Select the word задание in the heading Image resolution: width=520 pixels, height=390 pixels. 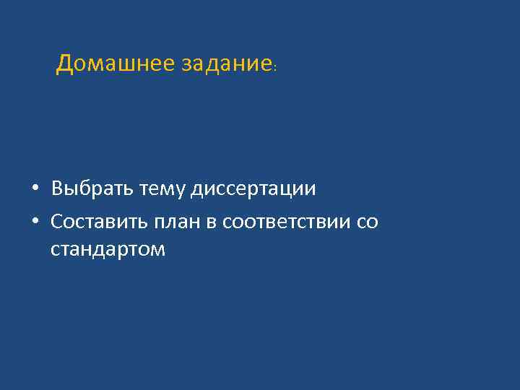[x=226, y=64]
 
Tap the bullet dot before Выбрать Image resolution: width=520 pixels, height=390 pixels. [x=35, y=190]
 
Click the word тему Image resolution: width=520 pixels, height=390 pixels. [x=163, y=189]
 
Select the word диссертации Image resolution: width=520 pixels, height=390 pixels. [x=253, y=189]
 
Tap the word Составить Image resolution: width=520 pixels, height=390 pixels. [x=98, y=222]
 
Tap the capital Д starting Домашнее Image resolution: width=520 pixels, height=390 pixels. [x=64, y=64]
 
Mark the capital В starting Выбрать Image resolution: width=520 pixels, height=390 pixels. [x=57, y=189]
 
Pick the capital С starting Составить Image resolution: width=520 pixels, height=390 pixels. [x=57, y=222]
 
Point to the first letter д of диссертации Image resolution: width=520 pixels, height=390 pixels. [x=197, y=190]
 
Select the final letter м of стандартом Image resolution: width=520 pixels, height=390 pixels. [x=158, y=251]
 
